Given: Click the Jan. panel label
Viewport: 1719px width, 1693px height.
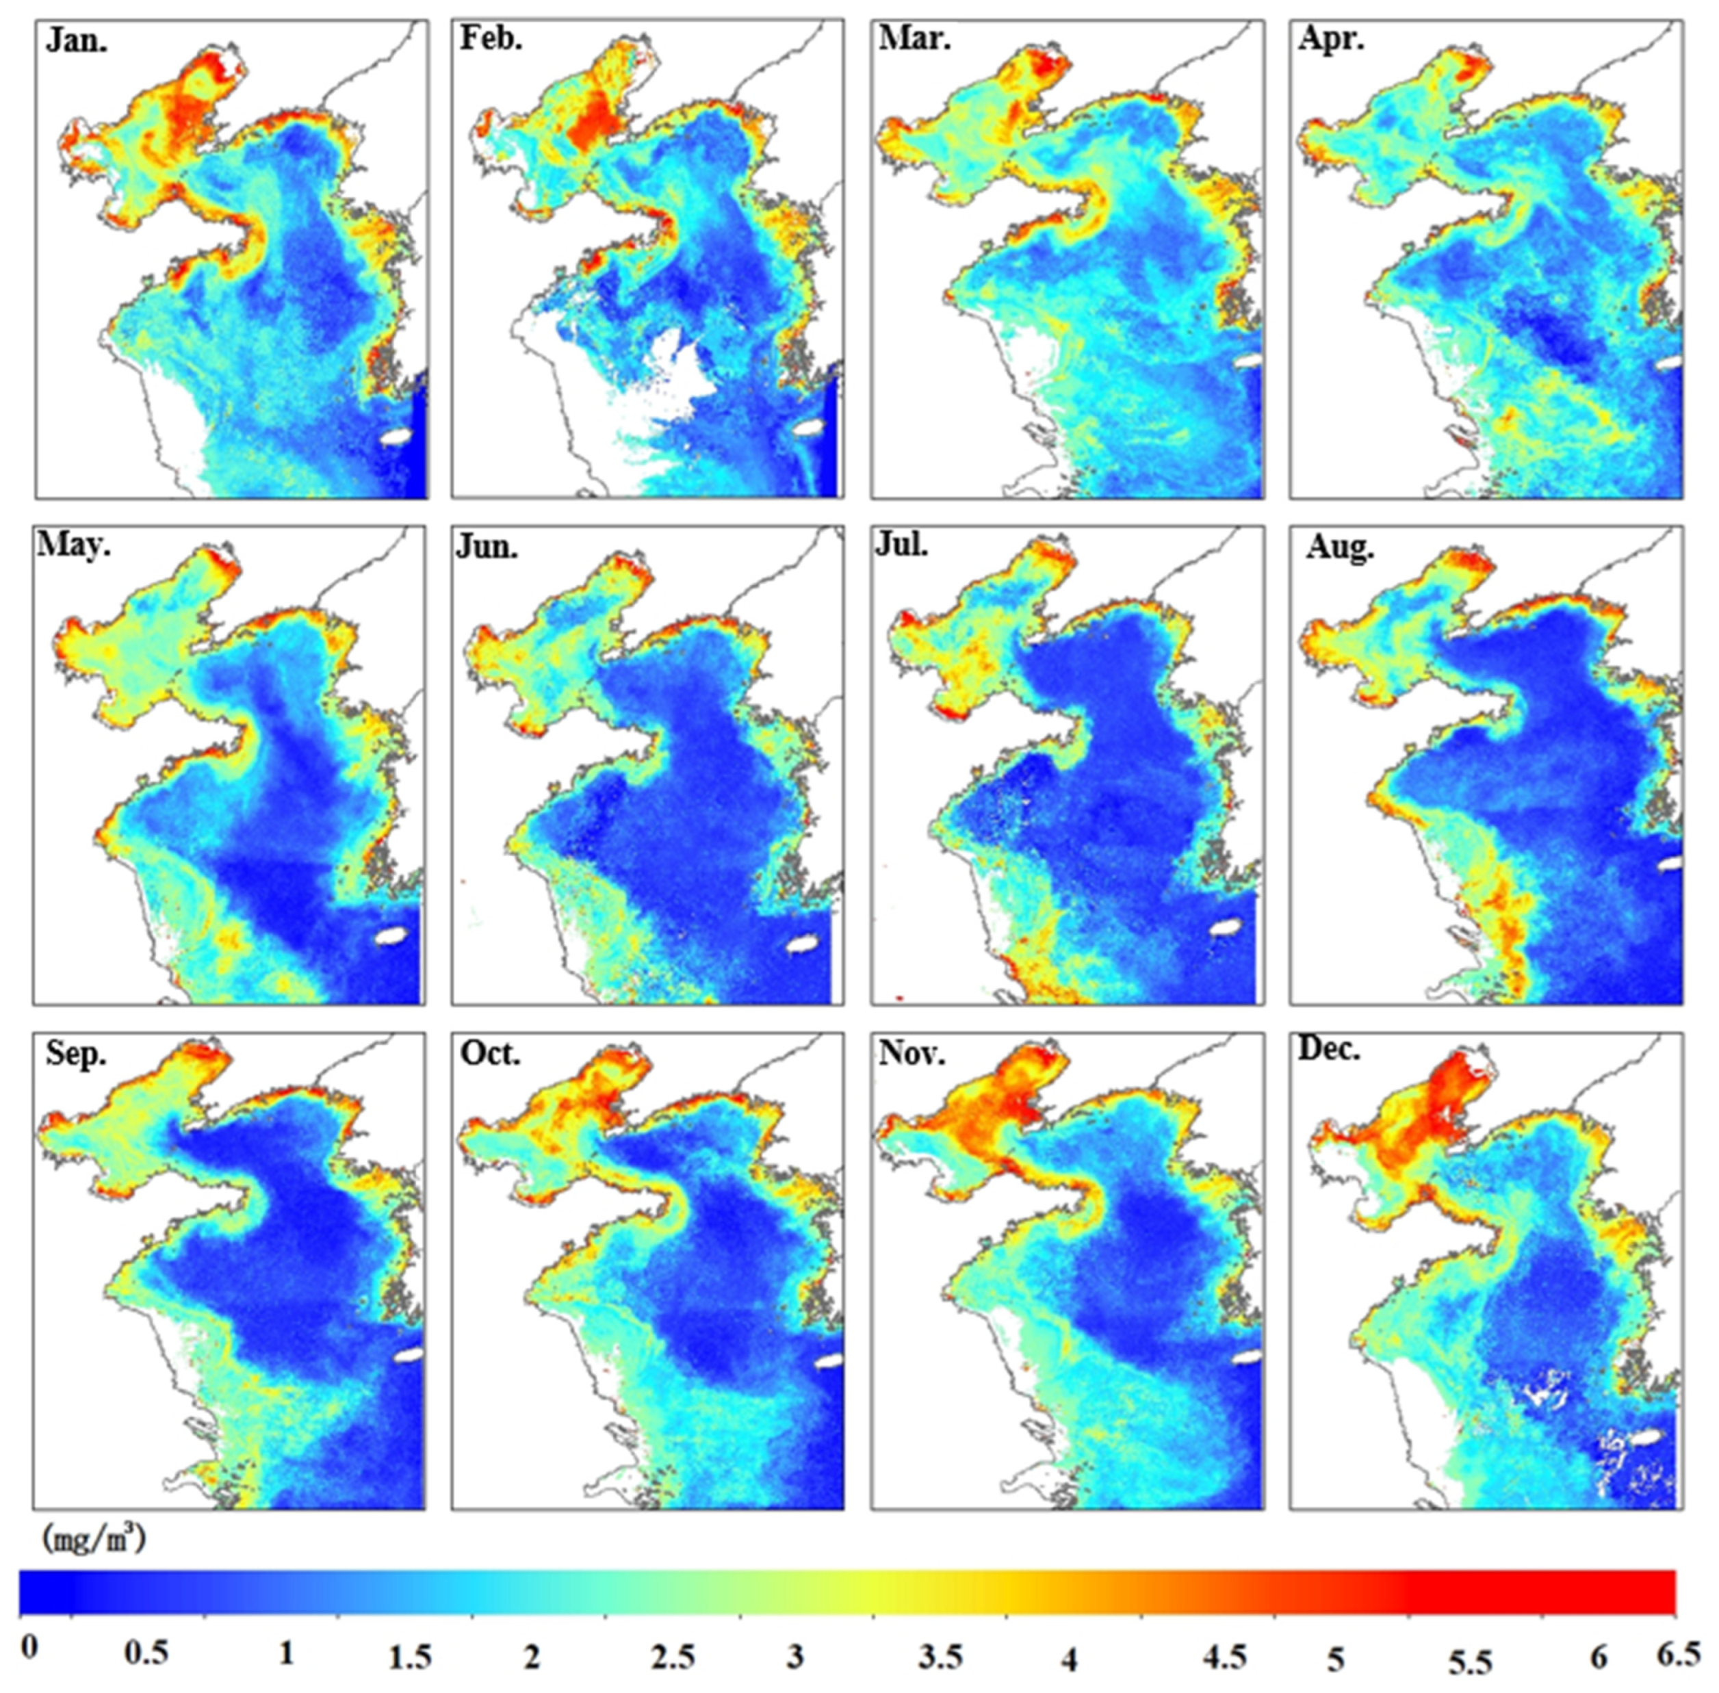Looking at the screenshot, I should pyautogui.click(x=77, y=42).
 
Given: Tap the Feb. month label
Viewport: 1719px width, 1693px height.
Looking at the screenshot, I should pyautogui.click(x=490, y=39).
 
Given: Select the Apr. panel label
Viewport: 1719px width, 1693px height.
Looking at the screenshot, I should pyautogui.click(x=1331, y=39).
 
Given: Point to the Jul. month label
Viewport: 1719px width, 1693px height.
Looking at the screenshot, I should pyautogui.click(x=902, y=544).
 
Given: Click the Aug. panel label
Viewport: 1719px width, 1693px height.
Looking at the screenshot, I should pyautogui.click(x=1339, y=547).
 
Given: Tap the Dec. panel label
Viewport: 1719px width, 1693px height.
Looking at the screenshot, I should pyautogui.click(x=1330, y=1049).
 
